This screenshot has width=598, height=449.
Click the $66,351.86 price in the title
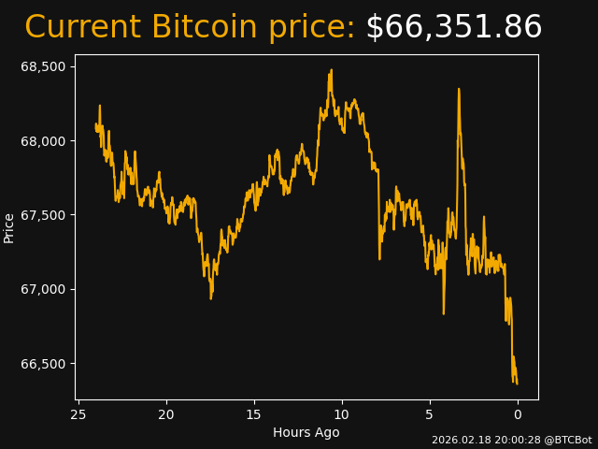pyautogui.click(x=453, y=28)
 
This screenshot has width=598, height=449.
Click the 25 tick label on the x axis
pyautogui.click(x=78, y=414)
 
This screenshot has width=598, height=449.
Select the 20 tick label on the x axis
pyautogui.click(x=166, y=414)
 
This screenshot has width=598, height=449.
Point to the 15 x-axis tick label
pyautogui.click(x=254, y=414)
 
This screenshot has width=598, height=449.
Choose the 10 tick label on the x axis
pyautogui.click(x=342, y=414)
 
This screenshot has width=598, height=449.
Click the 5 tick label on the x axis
pyautogui.click(x=430, y=414)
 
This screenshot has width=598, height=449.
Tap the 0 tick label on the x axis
pyautogui.click(x=518, y=414)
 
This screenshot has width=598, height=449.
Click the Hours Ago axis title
pyautogui.click(x=306, y=432)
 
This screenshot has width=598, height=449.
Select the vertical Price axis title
pyautogui.click(x=9, y=227)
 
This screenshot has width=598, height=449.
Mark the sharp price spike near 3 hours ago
pyautogui.click(x=459, y=90)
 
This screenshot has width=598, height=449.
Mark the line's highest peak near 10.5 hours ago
pyautogui.click(x=331, y=70)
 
